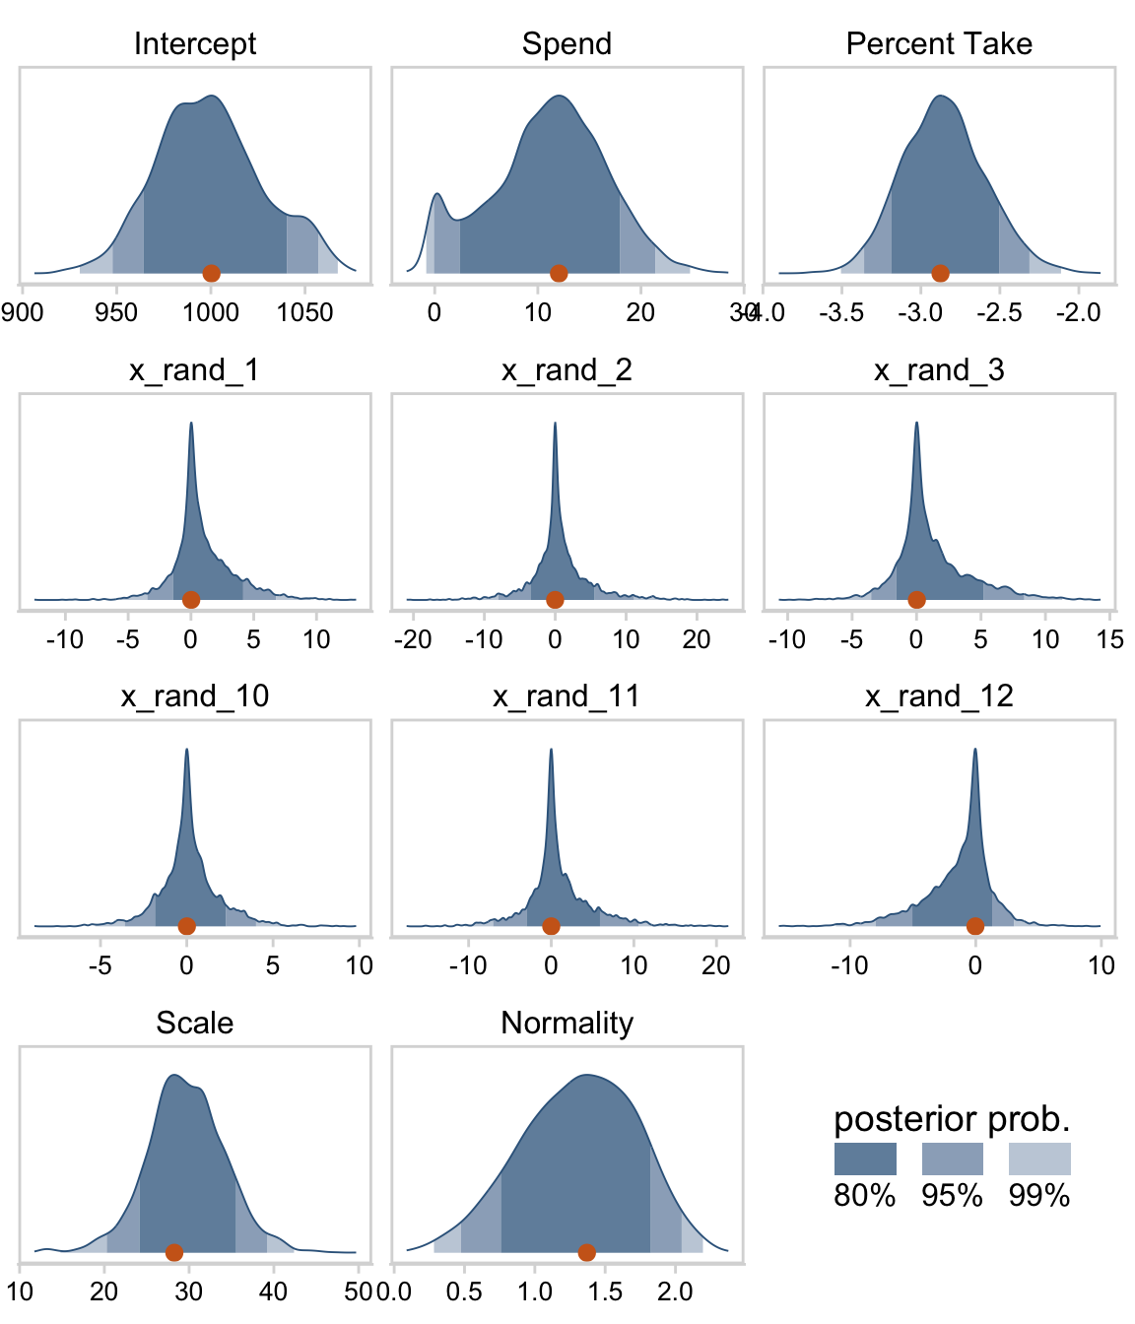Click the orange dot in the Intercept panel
point(211,273)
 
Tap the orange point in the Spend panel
point(559,273)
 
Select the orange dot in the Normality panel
point(586,1252)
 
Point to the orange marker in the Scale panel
point(174,1252)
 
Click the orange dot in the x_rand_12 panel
point(974,926)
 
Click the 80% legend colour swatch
point(865,1158)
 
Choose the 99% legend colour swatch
point(1039,1158)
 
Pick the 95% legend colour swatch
point(952,1158)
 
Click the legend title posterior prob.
point(952,1119)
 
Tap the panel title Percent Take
point(939,43)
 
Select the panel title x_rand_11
point(567,696)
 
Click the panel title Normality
point(567,1023)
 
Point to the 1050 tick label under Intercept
point(305,312)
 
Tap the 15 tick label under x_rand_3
point(1109,639)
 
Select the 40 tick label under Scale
point(273,1291)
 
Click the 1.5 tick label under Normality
point(605,1291)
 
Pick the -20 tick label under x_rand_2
point(412,639)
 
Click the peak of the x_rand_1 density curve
point(191,424)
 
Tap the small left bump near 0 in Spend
point(437,194)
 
